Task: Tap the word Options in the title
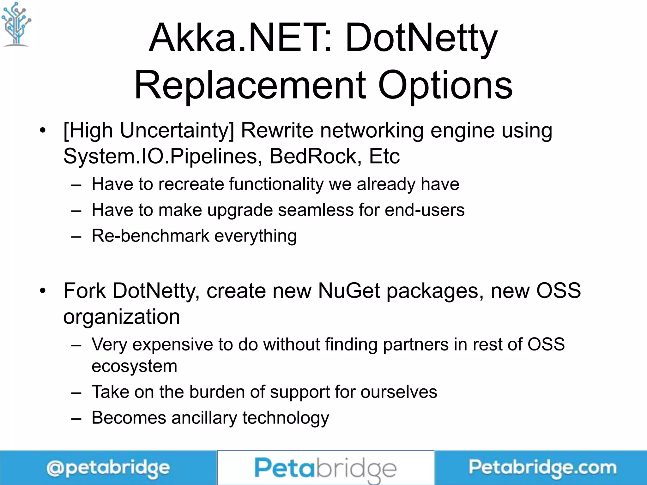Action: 445,85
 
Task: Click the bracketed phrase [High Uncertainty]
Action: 148,131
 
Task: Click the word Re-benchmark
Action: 150,236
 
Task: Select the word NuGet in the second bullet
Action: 349,290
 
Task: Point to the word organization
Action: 122,317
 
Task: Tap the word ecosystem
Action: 134,366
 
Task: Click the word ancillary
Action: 204,418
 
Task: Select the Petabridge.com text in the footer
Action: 542,468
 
